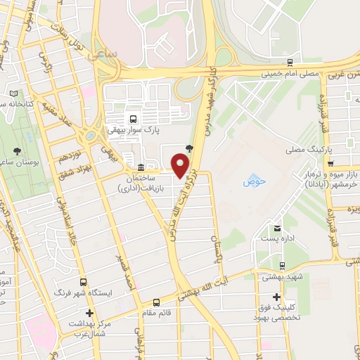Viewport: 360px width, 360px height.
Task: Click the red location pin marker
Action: coord(181,165)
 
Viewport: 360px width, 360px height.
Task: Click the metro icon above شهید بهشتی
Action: coord(282,266)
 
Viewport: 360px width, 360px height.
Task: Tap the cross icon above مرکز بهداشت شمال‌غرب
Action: coord(89,312)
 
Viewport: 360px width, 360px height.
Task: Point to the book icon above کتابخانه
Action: coord(15,94)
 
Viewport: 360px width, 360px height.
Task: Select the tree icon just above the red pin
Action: coord(188,147)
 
